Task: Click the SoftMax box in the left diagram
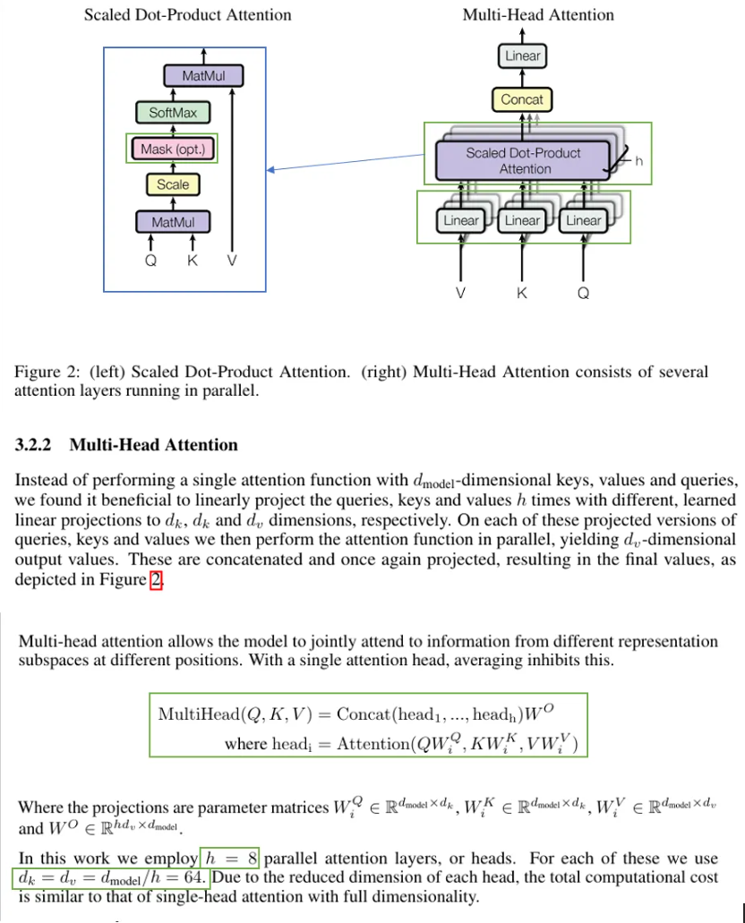click(x=173, y=113)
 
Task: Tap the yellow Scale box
click(x=173, y=184)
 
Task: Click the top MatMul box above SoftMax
click(x=203, y=76)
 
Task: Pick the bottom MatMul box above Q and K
click(x=173, y=221)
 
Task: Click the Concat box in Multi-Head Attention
click(x=522, y=99)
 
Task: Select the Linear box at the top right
click(x=522, y=56)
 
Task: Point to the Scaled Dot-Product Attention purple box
click(x=525, y=161)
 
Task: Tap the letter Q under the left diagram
click(x=152, y=261)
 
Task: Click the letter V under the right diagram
click(x=460, y=292)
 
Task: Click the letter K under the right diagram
click(x=522, y=292)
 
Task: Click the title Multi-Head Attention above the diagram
click(x=538, y=15)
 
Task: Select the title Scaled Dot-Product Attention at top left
click(x=187, y=15)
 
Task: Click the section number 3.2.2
click(x=37, y=445)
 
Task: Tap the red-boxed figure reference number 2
click(x=156, y=579)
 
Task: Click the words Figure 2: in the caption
click(x=42, y=372)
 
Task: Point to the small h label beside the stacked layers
click(x=639, y=161)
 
